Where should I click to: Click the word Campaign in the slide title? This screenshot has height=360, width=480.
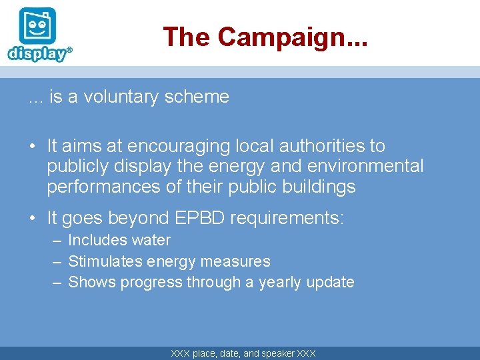[x=284, y=37]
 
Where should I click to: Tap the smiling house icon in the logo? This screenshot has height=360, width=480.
[x=37, y=26]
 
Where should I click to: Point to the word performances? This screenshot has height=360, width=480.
[x=103, y=187]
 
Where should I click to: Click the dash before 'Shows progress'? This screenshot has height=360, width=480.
[x=58, y=283]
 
